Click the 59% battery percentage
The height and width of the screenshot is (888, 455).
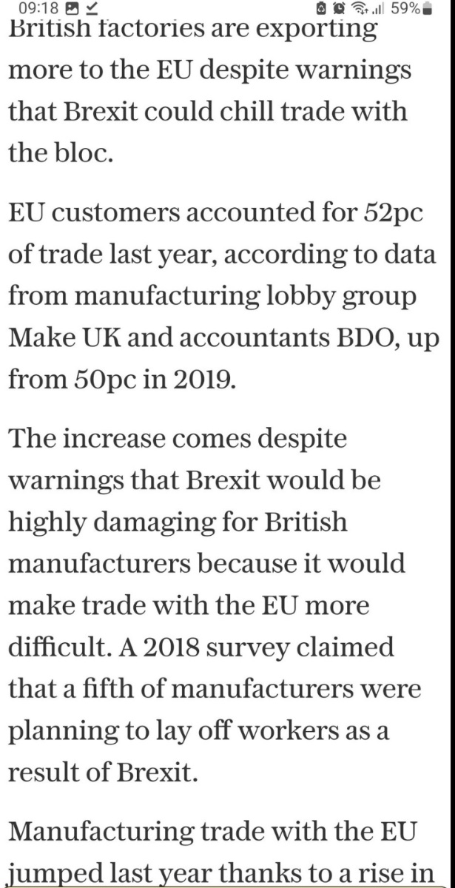point(406,9)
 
